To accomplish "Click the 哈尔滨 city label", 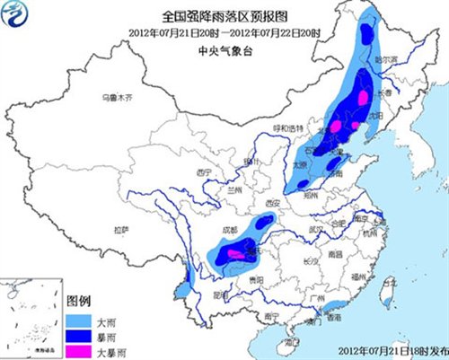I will coord(385,58).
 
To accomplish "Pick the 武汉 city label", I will coord(314,230).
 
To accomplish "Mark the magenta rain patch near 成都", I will coord(236,255).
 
